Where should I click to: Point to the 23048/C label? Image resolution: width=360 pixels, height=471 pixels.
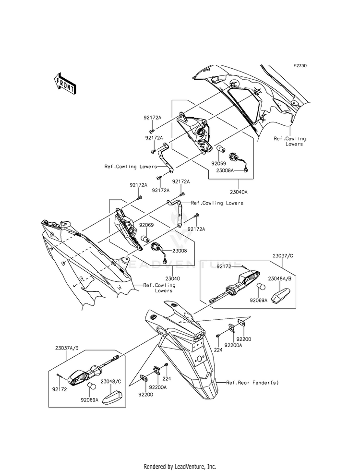point(111,382)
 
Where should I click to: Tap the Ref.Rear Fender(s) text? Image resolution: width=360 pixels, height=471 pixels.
point(252,383)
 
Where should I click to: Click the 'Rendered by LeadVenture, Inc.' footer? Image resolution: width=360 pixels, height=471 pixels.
point(180,466)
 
